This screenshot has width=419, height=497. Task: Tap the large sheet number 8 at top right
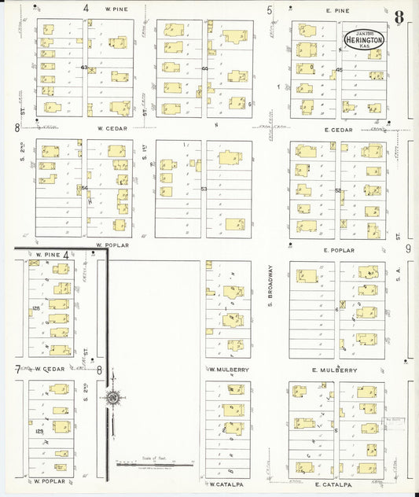[x=399, y=17]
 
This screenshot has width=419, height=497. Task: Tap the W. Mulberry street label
[x=229, y=370]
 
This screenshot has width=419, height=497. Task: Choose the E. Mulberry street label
[x=335, y=370]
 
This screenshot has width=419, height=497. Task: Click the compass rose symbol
[x=113, y=399]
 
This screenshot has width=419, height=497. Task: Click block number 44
[x=204, y=68]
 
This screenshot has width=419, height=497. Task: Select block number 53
[x=204, y=190]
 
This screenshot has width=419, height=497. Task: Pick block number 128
[x=34, y=309]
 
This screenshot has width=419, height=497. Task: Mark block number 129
[x=39, y=431]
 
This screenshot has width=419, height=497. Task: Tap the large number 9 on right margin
[x=408, y=249]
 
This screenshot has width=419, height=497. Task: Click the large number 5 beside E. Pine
[x=270, y=10]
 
